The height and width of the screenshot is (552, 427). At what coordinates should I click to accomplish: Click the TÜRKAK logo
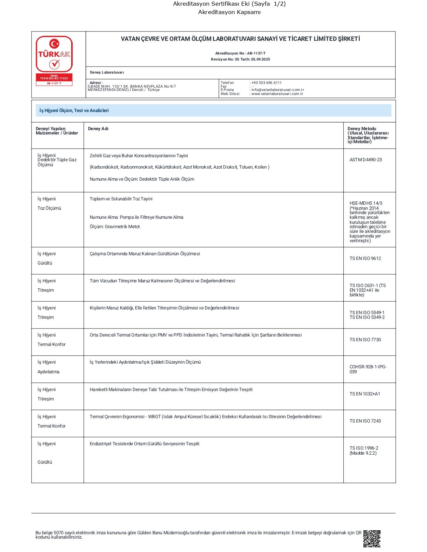54,54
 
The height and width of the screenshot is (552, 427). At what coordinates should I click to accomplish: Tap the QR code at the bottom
372,538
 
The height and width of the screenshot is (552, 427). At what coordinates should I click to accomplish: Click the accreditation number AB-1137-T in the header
256,53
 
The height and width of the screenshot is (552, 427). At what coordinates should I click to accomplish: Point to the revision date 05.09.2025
261,59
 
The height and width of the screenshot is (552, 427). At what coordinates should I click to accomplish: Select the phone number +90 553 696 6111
267,83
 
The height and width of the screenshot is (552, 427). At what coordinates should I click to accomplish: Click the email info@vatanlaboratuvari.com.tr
278,90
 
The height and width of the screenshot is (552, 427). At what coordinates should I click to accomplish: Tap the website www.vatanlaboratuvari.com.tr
277,94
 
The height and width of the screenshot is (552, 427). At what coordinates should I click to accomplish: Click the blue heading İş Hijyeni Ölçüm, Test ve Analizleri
74,110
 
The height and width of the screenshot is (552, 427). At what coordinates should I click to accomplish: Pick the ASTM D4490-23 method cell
366,160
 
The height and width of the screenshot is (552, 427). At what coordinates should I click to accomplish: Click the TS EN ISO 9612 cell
365,258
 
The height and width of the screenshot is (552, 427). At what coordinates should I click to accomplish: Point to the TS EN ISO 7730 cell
365,340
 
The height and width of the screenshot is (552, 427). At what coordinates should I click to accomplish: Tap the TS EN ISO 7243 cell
365,421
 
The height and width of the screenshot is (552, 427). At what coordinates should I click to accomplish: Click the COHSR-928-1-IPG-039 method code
368,369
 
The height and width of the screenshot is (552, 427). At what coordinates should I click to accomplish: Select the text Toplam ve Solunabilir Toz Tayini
121,199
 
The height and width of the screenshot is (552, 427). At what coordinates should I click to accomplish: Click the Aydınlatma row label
48,372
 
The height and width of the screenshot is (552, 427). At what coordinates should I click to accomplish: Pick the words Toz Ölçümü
49,208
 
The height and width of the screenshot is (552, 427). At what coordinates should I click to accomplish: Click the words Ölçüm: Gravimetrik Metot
115,226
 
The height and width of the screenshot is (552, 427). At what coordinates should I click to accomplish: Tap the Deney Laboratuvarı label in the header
107,72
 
